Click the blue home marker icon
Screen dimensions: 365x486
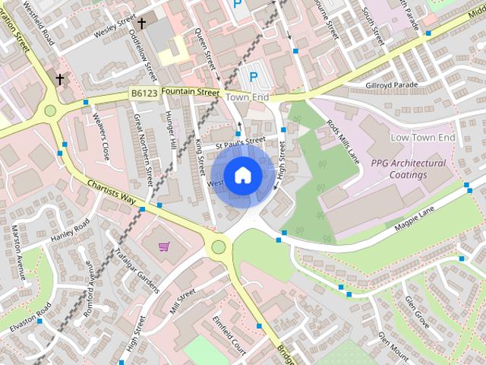(x=242, y=175)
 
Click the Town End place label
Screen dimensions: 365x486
(x=248, y=98)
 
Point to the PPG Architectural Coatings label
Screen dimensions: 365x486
(x=409, y=169)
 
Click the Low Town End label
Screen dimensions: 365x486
(x=422, y=138)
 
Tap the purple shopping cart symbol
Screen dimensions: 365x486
(x=164, y=246)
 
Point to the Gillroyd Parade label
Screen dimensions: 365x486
(x=392, y=85)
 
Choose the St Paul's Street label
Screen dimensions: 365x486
(x=239, y=141)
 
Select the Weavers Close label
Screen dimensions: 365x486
(x=100, y=136)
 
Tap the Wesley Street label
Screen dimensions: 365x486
(x=115, y=29)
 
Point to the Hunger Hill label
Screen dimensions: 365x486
(x=171, y=129)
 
